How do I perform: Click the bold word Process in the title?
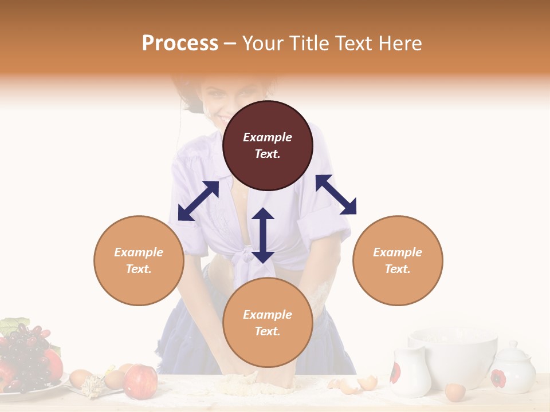(x=180, y=43)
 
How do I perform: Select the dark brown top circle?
(x=268, y=145)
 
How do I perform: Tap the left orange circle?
(x=139, y=260)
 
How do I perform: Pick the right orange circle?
(x=398, y=260)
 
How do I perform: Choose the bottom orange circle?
(x=268, y=323)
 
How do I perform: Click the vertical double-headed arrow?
(x=263, y=235)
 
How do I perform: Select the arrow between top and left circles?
(x=198, y=201)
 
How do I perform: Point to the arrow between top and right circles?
(x=336, y=195)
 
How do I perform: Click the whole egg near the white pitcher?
(x=455, y=392)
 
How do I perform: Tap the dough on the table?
(x=258, y=385)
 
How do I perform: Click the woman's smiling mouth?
(x=221, y=118)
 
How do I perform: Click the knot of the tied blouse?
(x=247, y=255)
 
